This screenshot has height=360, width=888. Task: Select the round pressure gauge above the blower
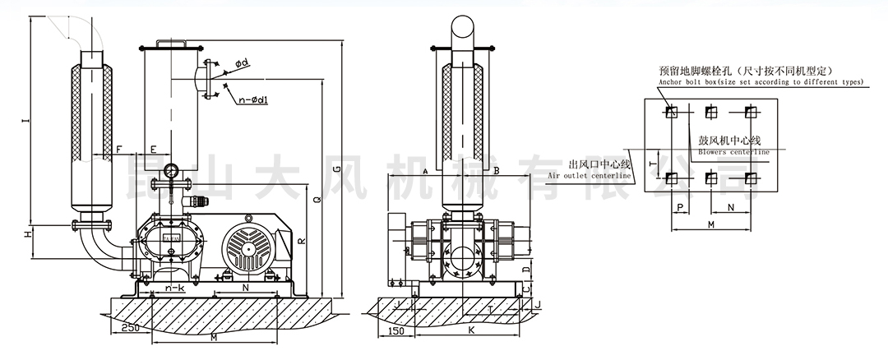click(x=171, y=171)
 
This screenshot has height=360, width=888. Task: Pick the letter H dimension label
click(x=25, y=235)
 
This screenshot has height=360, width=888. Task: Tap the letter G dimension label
click(x=337, y=168)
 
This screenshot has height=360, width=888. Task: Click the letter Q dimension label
click(x=318, y=198)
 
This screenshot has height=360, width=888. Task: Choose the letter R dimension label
click(x=302, y=242)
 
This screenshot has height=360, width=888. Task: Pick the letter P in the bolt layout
click(x=680, y=209)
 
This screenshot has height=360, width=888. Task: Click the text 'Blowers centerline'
click(x=733, y=151)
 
